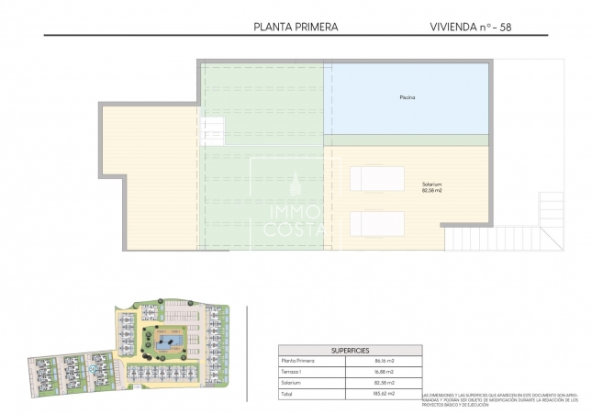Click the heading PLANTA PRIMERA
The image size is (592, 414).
click(295, 28)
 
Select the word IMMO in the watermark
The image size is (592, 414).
click(287, 210)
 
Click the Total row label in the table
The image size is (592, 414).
click(289, 393)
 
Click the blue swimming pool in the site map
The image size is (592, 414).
click(169, 343)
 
